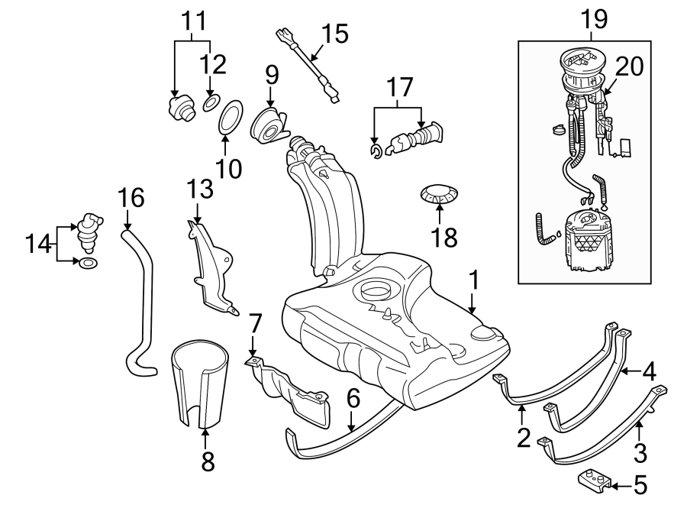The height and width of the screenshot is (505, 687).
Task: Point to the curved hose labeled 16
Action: tap(137, 306)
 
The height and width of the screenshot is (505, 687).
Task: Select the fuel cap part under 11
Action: tap(180, 107)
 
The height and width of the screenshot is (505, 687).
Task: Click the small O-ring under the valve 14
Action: tap(89, 264)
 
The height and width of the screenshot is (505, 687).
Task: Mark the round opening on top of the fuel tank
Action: tap(377, 292)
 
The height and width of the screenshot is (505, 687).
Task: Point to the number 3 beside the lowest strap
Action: tap(640, 452)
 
